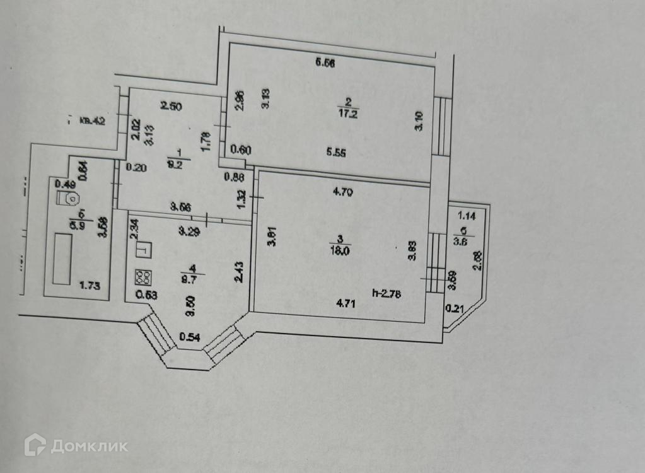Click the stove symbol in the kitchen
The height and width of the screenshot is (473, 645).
(x=142, y=277)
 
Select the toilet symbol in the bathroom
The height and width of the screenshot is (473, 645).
(x=69, y=199)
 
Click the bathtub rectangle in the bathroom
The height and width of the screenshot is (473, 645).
(x=62, y=259)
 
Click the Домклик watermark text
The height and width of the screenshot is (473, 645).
(x=89, y=447)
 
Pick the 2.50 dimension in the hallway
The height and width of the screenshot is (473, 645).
(x=171, y=107)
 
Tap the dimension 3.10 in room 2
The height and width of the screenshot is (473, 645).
(x=419, y=120)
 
